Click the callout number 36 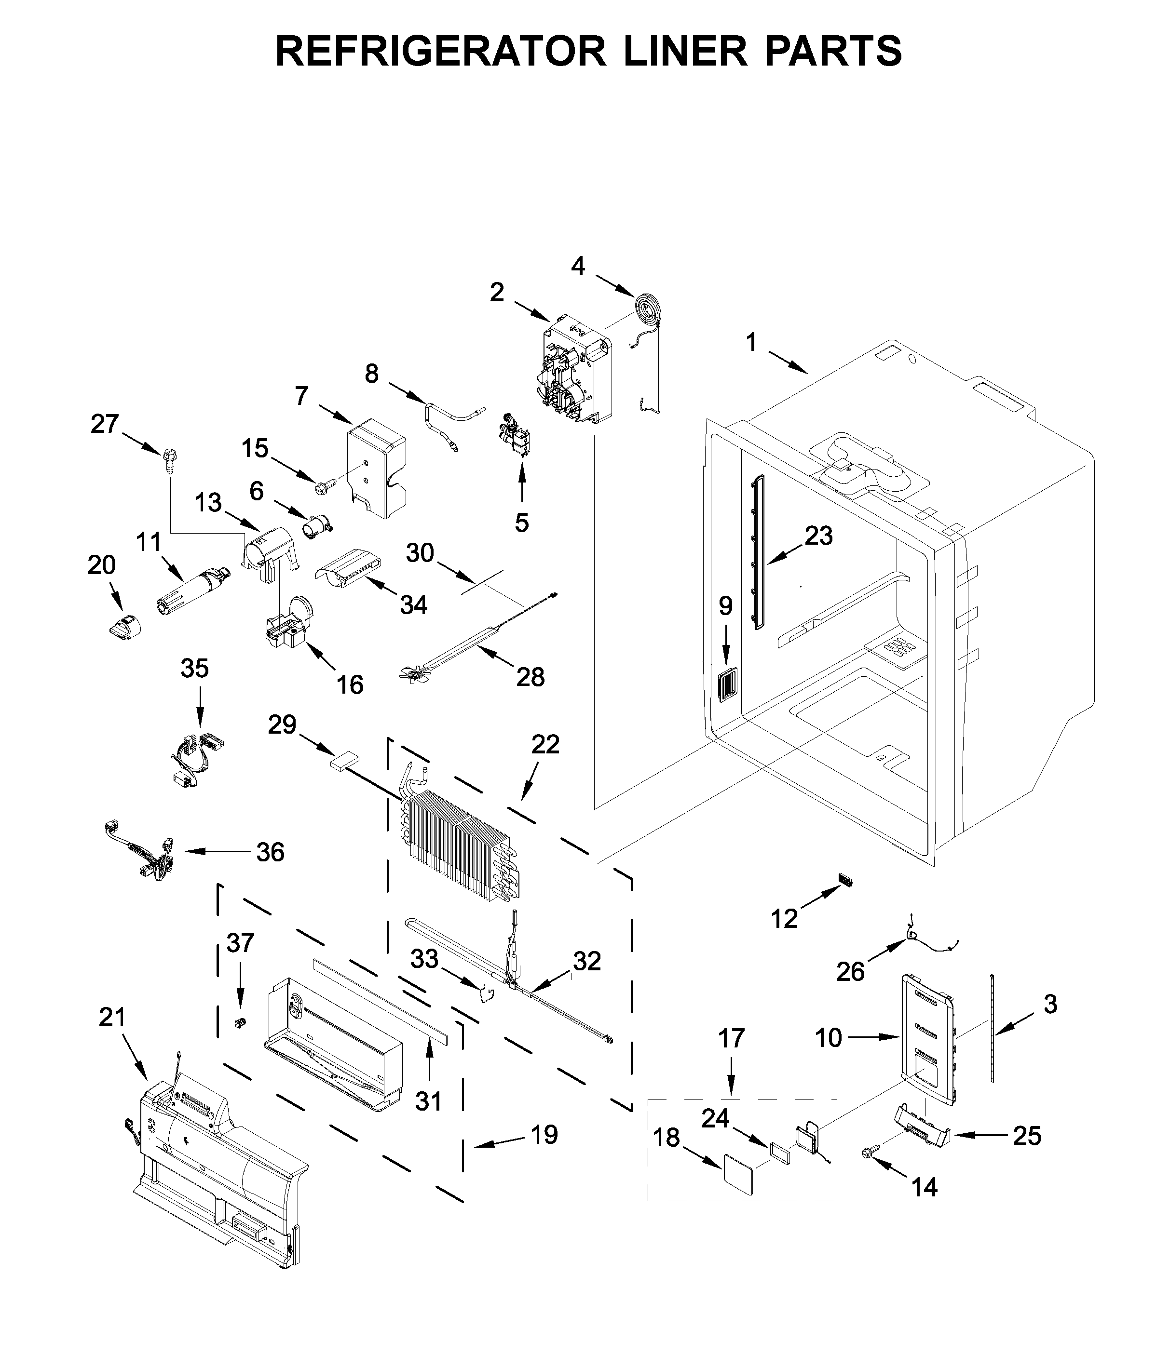point(270,852)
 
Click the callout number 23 point(818,536)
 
